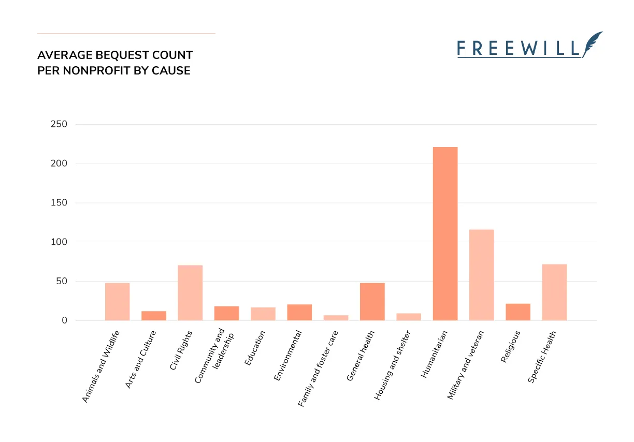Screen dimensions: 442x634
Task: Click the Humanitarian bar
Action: pyautogui.click(x=445, y=233)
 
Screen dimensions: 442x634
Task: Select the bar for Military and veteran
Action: pyautogui.click(x=481, y=275)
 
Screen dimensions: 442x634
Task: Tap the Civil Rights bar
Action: pyautogui.click(x=190, y=292)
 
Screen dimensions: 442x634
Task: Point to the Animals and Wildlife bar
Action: pyautogui.click(x=117, y=302)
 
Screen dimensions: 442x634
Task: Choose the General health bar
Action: pyautogui.click(x=372, y=302)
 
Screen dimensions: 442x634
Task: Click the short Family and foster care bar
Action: pyautogui.click(x=336, y=317)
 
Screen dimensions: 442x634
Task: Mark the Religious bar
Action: pyautogui.click(x=518, y=312)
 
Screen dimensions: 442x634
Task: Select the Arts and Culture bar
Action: pyautogui.click(x=154, y=315)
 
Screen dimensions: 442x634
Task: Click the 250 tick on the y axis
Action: pyautogui.click(x=59, y=124)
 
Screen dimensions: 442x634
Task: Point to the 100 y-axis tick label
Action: pyautogui.click(x=59, y=242)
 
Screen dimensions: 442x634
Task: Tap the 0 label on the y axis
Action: pyautogui.click(x=64, y=320)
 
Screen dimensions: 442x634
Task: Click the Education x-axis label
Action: pyautogui.click(x=255, y=348)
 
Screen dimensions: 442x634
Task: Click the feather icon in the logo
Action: pyautogui.click(x=593, y=43)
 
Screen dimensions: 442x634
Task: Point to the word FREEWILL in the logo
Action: pyautogui.click(x=518, y=49)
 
